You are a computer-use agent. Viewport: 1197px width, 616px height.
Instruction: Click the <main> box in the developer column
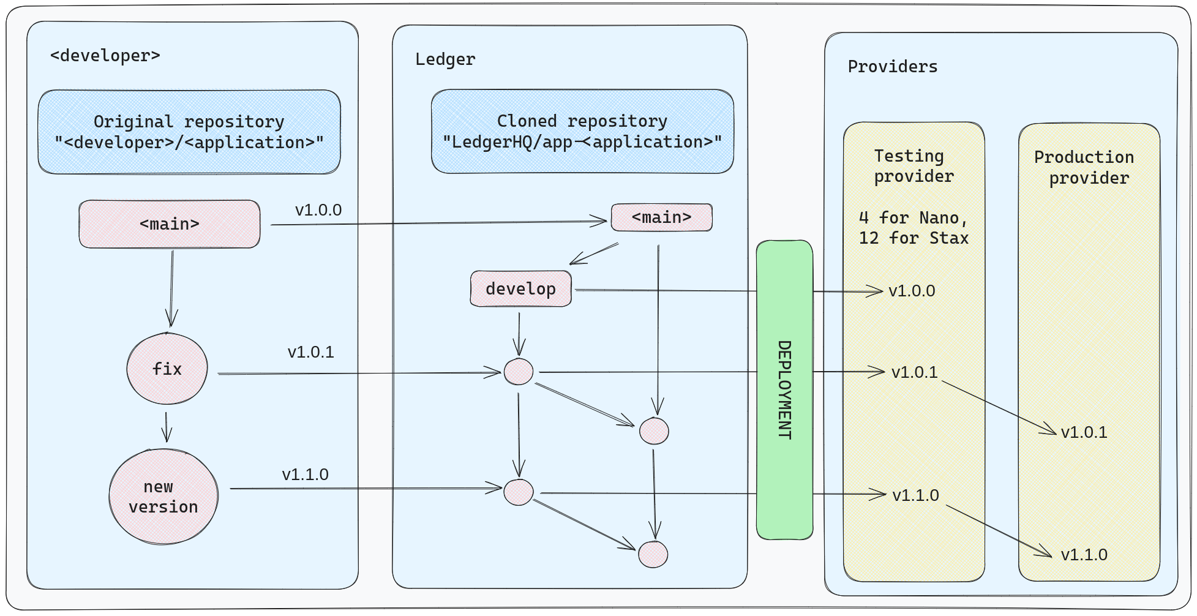tap(170, 224)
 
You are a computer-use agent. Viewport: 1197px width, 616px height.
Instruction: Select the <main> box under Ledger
tap(661, 217)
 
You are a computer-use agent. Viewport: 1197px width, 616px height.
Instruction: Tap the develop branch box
tap(521, 289)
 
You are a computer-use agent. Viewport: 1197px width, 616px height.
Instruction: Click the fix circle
tap(167, 369)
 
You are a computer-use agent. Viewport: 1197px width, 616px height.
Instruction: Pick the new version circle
tap(163, 497)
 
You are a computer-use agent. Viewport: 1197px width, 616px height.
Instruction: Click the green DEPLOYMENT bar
tap(784, 390)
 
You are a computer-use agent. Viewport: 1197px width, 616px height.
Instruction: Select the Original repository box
tap(189, 132)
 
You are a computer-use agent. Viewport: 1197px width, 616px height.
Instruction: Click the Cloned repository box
tap(582, 132)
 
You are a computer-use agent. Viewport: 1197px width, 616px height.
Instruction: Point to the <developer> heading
tap(105, 56)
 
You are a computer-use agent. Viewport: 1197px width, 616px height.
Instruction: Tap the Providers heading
tap(892, 67)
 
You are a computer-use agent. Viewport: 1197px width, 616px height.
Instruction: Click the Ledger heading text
tap(445, 59)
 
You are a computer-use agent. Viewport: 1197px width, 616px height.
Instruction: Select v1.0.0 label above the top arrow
tap(318, 210)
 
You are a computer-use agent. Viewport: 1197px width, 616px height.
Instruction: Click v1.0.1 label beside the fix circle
tap(310, 352)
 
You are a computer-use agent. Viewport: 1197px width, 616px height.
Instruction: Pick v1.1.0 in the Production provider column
tap(1084, 555)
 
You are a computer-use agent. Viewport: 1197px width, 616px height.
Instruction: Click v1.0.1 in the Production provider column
tap(1084, 432)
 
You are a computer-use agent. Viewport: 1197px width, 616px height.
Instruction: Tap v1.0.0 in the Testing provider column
tap(912, 291)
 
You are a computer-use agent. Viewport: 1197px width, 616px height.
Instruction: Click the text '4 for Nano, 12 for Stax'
tap(914, 228)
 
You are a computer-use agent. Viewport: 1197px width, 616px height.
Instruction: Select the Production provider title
tap(1085, 167)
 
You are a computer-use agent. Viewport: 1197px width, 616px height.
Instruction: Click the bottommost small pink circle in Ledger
tap(653, 554)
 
